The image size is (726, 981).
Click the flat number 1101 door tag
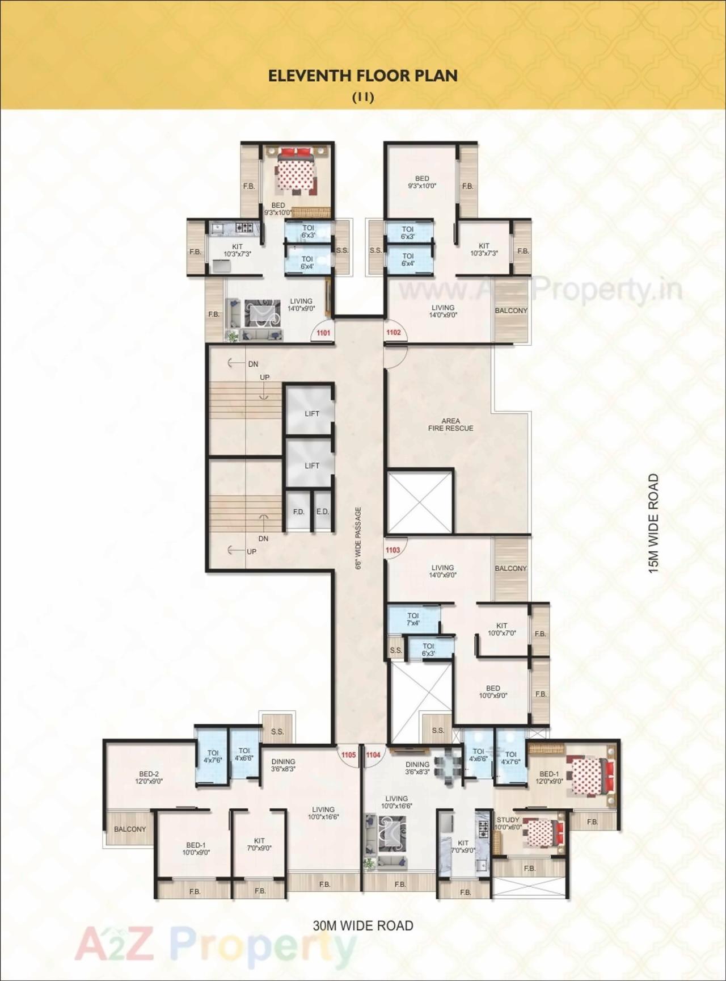click(323, 333)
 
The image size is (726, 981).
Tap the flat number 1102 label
click(393, 333)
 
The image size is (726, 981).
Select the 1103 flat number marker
click(392, 550)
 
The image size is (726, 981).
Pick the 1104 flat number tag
click(373, 755)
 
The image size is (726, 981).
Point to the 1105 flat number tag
click(348, 755)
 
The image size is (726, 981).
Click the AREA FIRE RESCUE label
click(450, 425)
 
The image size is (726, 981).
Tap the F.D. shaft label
click(299, 512)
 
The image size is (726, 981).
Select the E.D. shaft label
click(322, 512)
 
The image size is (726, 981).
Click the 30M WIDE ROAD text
click(363, 926)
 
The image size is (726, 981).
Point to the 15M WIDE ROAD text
click(654, 523)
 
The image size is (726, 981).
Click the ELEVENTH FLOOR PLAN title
click(363, 76)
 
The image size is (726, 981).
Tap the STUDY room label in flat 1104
click(508, 820)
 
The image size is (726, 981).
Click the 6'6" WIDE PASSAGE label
click(358, 538)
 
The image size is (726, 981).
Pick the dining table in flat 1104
click(449, 766)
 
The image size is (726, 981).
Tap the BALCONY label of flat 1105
click(130, 829)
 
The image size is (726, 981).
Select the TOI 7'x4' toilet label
click(413, 619)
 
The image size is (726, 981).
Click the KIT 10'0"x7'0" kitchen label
click(502, 629)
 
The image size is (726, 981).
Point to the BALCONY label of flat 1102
click(511, 311)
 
